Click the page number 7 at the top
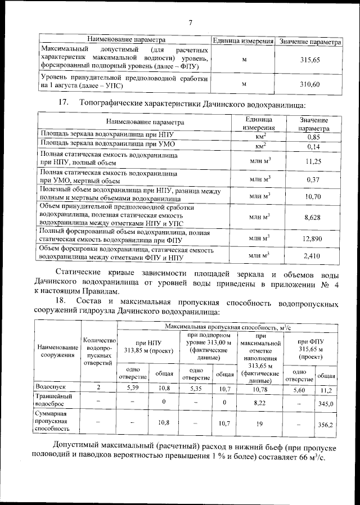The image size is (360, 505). tap(190, 23)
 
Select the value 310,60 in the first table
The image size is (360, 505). tap(309, 84)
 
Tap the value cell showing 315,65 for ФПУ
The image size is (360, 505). tap(309, 60)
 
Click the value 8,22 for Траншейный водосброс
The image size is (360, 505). tap(259, 403)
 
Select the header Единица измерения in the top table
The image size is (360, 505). tap(242, 42)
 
